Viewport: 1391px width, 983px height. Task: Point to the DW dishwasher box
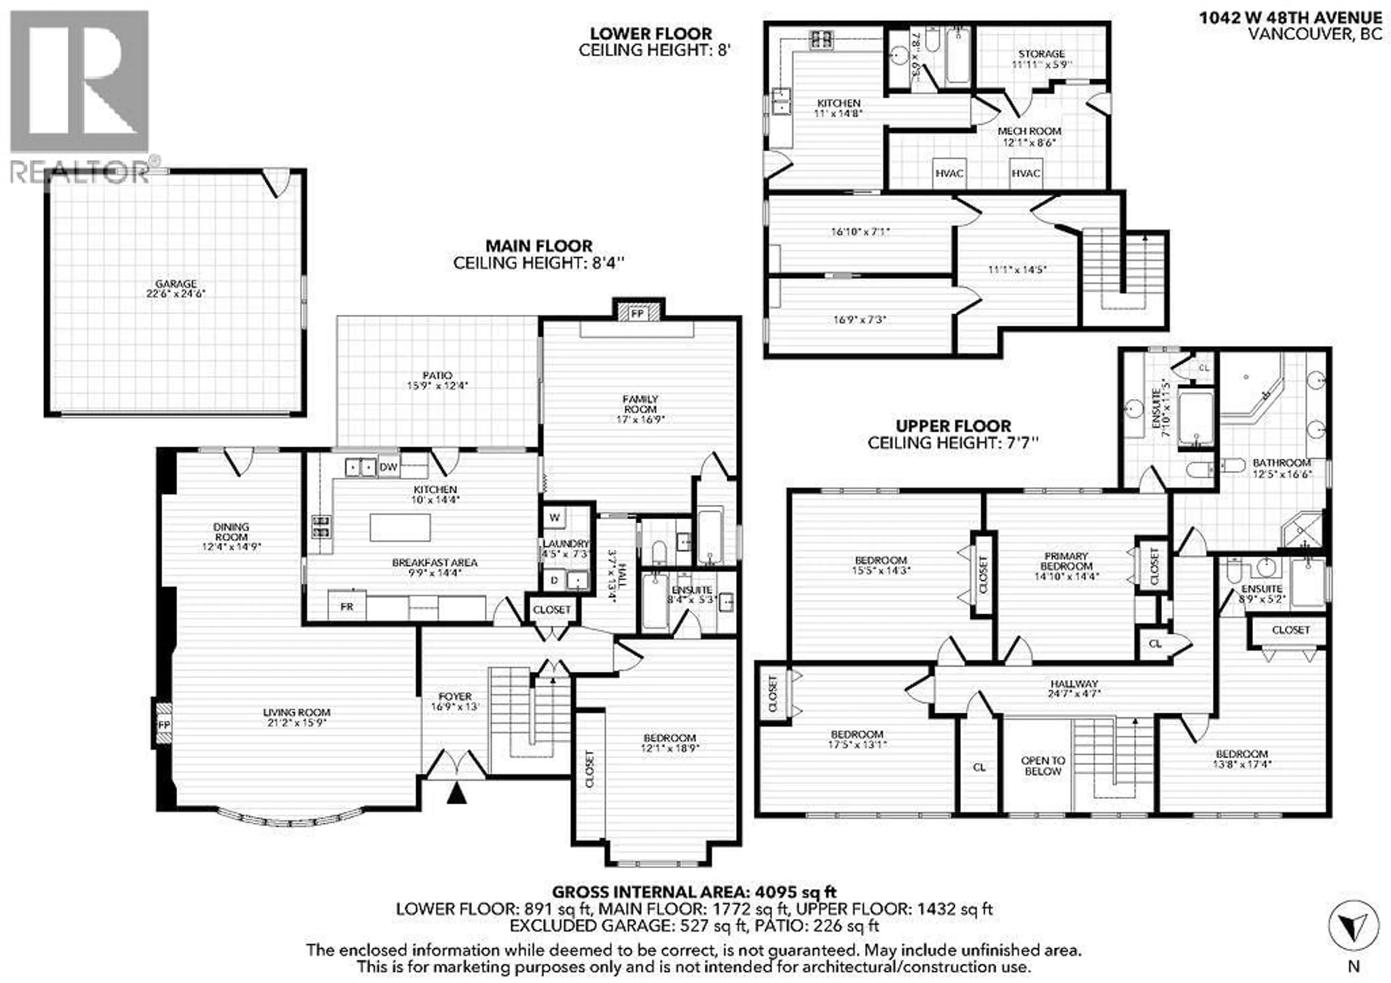[388, 467]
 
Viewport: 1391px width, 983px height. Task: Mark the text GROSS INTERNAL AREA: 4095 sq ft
[694, 892]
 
